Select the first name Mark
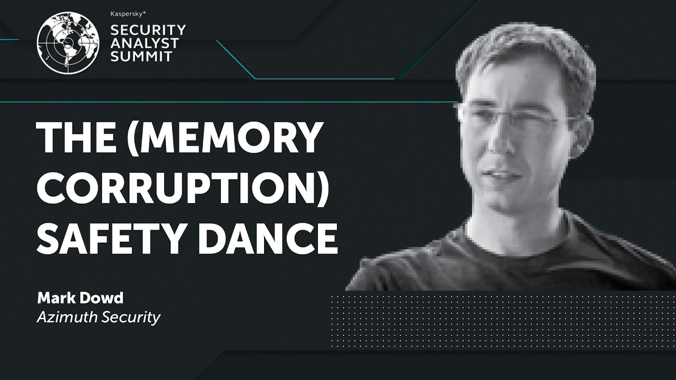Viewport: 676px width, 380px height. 52,298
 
